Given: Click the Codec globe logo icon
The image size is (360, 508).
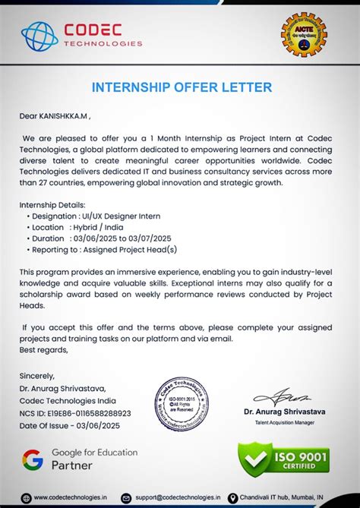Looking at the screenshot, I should (x=39, y=35).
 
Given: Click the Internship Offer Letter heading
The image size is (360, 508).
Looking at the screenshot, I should (x=181, y=87).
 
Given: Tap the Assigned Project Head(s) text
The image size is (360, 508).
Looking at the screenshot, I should (x=134, y=248).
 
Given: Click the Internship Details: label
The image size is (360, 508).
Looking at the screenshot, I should (x=52, y=206).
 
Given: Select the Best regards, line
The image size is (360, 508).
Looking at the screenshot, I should (x=44, y=349).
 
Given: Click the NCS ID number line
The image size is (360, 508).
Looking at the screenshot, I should (x=75, y=413).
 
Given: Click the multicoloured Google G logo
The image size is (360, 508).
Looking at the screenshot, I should (x=33, y=459).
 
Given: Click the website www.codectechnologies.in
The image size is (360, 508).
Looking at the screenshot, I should (x=70, y=497).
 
